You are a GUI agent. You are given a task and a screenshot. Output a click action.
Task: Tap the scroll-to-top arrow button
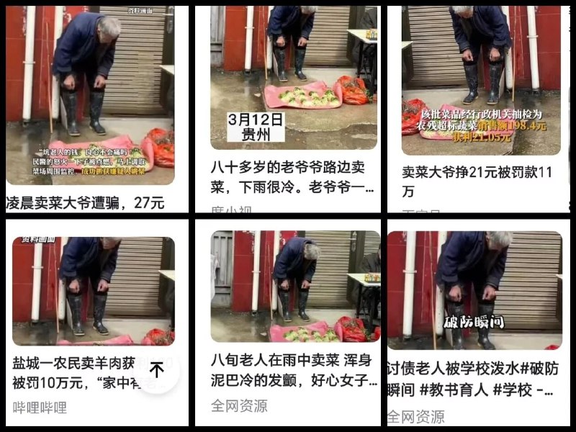[157, 370]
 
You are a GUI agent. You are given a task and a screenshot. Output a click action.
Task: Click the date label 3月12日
[256, 118]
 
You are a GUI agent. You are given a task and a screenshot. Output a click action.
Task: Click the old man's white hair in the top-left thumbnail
[109, 29]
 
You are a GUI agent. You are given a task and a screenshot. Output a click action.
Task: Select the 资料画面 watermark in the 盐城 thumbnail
[32, 239]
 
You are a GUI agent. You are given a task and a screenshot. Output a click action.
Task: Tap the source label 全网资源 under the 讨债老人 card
[415, 416]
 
